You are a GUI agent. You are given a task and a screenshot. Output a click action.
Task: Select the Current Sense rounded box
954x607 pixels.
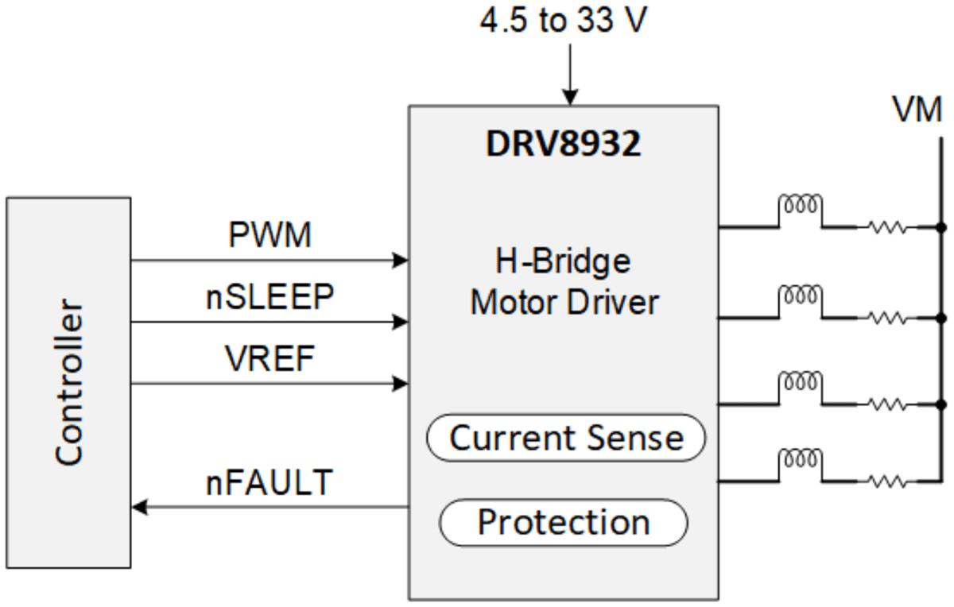(x=566, y=438)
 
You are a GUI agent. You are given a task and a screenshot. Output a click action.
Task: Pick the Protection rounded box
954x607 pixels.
(x=564, y=522)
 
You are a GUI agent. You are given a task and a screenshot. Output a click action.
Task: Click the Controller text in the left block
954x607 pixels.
(x=69, y=382)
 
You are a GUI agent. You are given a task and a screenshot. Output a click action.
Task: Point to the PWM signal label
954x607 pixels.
(x=270, y=236)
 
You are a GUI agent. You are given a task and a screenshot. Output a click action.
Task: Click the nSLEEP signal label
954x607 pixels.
(x=270, y=298)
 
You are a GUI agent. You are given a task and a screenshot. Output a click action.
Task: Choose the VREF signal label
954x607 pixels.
(x=270, y=360)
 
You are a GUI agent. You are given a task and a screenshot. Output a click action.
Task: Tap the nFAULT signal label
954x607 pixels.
(x=269, y=482)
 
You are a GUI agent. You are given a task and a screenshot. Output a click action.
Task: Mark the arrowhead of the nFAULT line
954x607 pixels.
(x=139, y=506)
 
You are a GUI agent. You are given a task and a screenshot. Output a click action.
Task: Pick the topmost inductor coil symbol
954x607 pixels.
(x=801, y=206)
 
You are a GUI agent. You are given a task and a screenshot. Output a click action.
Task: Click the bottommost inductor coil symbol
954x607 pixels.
(x=801, y=458)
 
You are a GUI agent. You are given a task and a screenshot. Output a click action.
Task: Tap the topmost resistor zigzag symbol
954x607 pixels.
(x=886, y=227)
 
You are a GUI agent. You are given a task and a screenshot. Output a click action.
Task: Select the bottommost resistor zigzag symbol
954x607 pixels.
(x=886, y=481)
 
